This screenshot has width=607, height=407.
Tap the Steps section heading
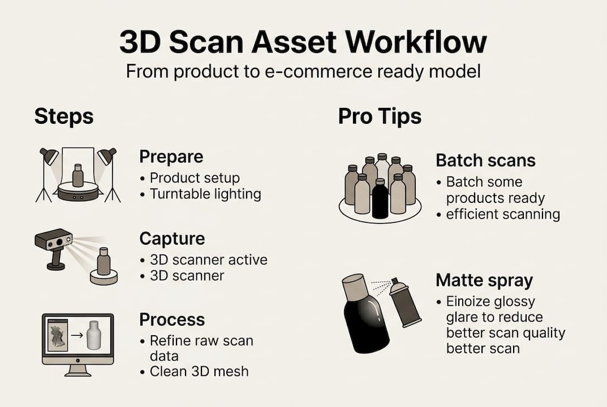pos(64,116)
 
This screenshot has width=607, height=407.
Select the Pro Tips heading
pos(380,116)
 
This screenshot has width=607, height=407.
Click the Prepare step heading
pos(171,157)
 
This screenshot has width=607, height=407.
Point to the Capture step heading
pos(172,239)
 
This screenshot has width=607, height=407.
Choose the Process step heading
pos(172,319)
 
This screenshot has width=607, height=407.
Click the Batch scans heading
pos(485,160)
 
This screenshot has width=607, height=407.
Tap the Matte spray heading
pos(484,280)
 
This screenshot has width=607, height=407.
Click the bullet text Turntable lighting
pos(205,194)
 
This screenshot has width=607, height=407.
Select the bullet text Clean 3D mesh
pos(199,371)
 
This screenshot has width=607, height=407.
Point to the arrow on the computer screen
pos(77,335)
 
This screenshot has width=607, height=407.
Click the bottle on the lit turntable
pos(78,175)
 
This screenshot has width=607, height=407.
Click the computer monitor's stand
pos(78,371)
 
